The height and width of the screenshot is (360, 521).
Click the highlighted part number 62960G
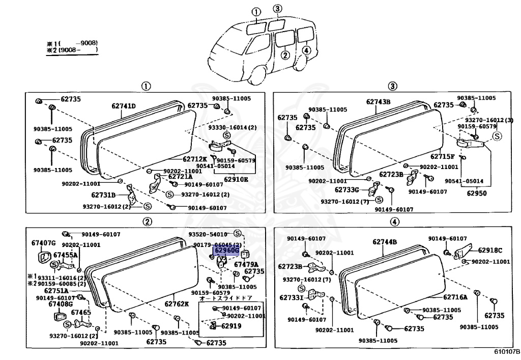pos(226,251)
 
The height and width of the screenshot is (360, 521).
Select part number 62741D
pos(124,106)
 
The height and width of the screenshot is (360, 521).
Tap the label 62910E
pos(238,179)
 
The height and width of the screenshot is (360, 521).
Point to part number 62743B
pos(378,102)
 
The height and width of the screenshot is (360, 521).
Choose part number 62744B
pos(384,242)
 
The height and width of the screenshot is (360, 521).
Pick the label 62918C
pos(490,250)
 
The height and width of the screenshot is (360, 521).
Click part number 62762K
pos(176,304)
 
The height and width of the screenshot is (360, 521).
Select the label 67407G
pos(43,242)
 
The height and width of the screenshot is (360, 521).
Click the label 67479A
pos(246,264)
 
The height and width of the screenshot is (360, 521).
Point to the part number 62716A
pos(455,297)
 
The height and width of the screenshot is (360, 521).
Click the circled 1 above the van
pos(256,12)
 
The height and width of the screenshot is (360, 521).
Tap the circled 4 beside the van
pos(305,50)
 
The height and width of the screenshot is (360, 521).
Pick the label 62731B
pos(103,195)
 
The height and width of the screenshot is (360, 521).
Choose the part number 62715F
pos(443,157)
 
